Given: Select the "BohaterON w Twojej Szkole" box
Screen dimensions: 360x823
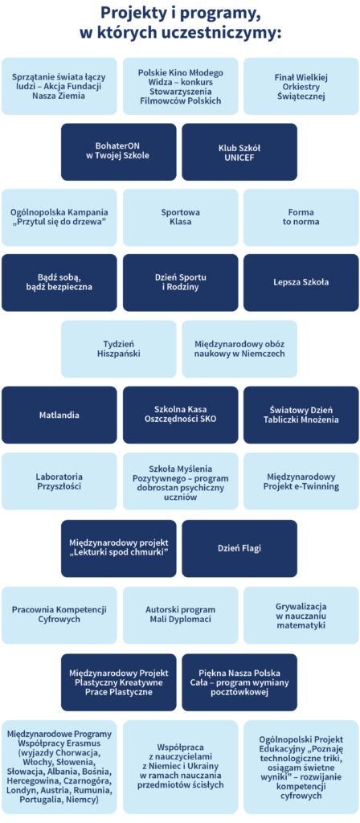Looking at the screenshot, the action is [x=119, y=152].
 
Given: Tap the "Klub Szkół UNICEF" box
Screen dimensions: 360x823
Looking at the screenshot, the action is [x=239, y=152].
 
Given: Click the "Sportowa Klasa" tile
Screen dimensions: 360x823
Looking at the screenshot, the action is [x=181, y=217].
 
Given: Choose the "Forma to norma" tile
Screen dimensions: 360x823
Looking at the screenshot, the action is [x=301, y=217].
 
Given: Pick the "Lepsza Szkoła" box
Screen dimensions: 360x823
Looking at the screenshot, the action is [x=301, y=282].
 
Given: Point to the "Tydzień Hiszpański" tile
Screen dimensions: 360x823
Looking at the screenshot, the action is [x=119, y=349].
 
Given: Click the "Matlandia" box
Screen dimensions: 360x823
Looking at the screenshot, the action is [x=59, y=415].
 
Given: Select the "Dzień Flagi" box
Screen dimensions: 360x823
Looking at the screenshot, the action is [x=239, y=548].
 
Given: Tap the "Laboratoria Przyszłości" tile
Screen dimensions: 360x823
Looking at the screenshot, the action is [x=59, y=481].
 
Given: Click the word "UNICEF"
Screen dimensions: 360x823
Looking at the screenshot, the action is [x=239, y=157].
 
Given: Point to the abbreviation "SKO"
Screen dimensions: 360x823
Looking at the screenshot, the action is [x=207, y=420].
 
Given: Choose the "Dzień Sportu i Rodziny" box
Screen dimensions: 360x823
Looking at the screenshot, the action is [x=181, y=282].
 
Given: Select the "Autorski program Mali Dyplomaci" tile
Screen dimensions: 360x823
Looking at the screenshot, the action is [x=181, y=615].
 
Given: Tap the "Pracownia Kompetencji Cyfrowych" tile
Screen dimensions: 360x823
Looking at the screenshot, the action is [x=59, y=615].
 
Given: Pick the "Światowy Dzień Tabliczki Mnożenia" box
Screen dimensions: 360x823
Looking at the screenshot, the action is [x=301, y=415].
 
